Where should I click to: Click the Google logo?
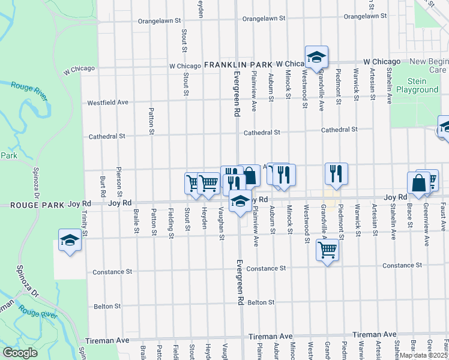(x=20, y=353)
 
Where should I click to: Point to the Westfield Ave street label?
(x=108, y=103)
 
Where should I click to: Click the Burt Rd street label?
(x=103, y=187)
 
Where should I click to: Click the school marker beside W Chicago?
(x=316, y=58)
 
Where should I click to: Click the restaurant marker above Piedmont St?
(x=336, y=173)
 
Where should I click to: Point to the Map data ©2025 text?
(x=423, y=355)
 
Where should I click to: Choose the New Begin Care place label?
(x=429, y=65)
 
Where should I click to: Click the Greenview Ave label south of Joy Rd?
(x=426, y=227)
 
